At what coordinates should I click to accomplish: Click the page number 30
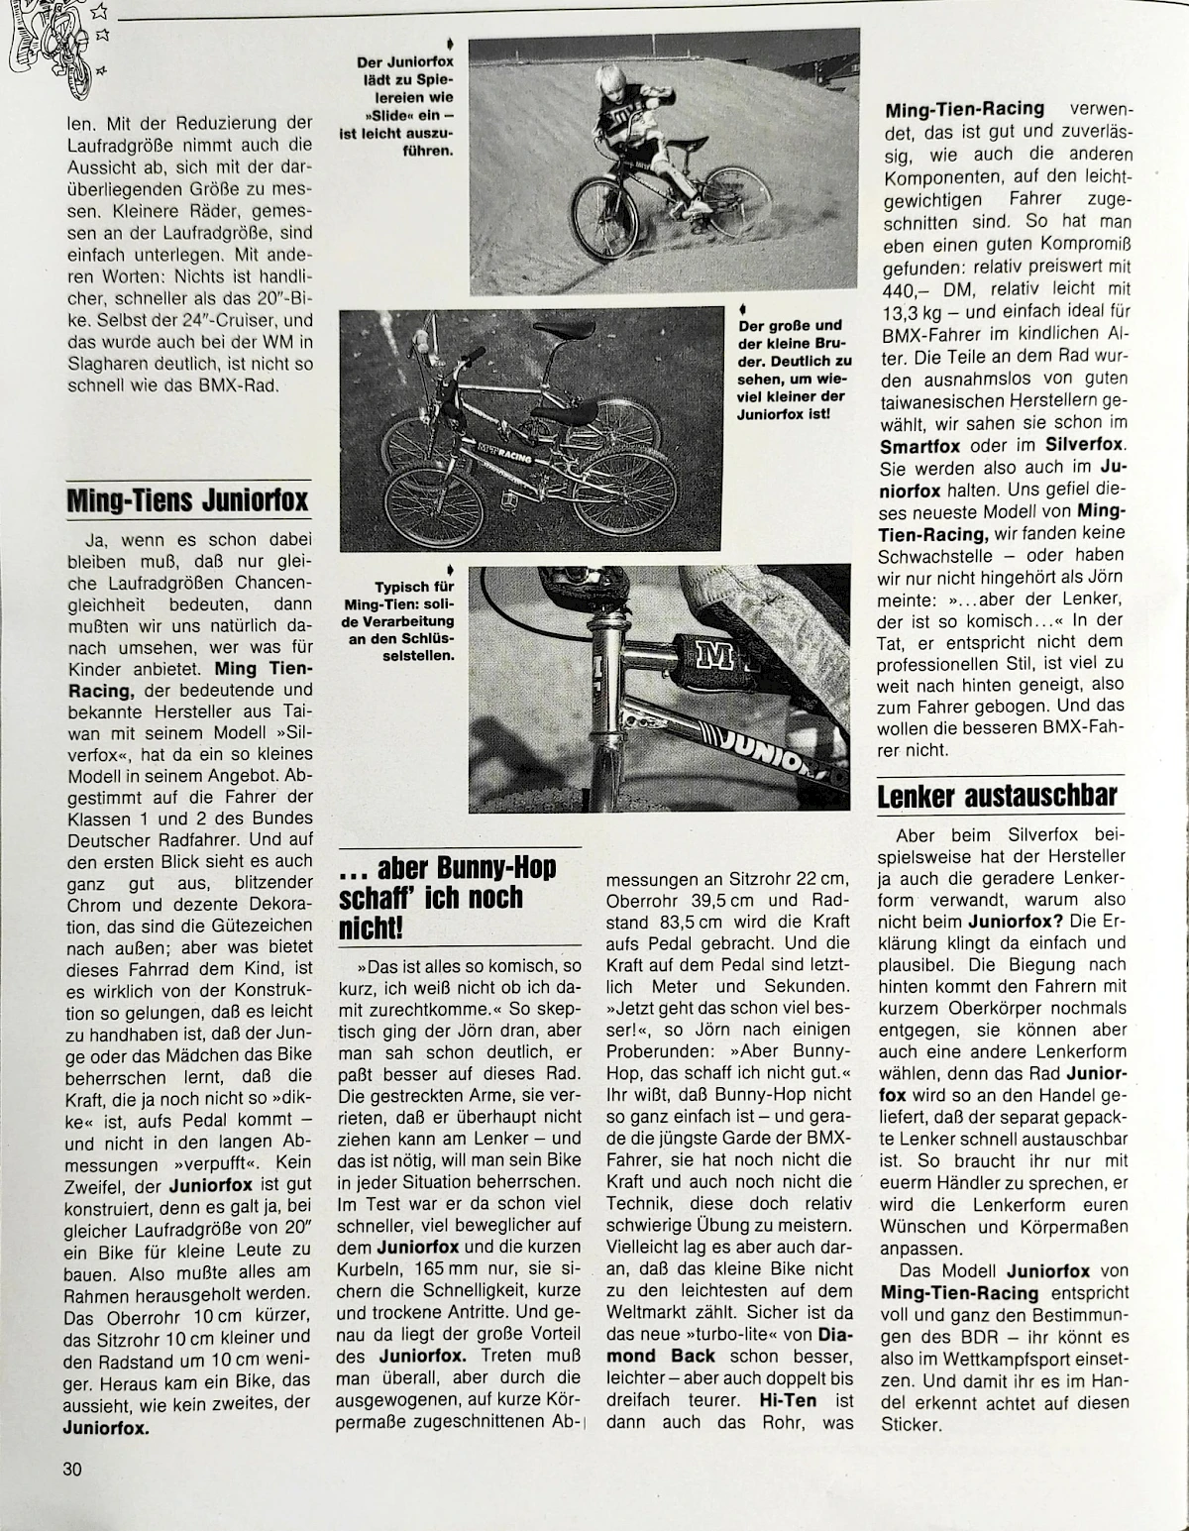[71, 1470]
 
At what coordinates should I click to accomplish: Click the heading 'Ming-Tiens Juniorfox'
[188, 499]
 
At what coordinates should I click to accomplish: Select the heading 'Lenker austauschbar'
[997, 796]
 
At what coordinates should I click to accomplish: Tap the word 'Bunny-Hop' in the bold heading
[498, 869]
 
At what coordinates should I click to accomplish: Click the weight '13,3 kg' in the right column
[913, 312]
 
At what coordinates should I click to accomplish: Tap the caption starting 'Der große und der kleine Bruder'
[792, 369]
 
